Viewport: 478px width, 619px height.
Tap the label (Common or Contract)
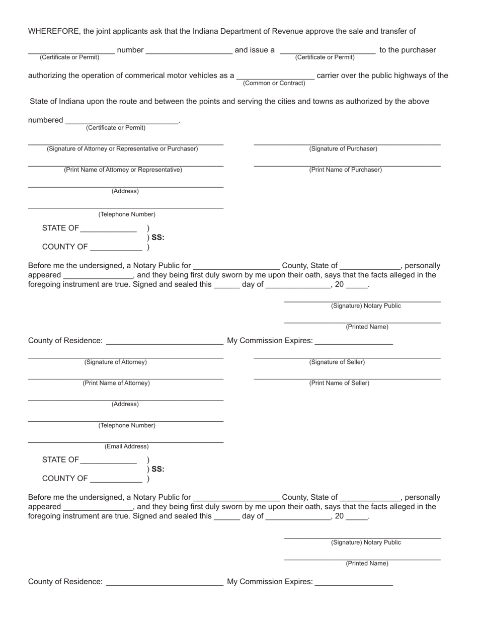pos(274,83)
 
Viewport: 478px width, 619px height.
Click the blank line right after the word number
pos(189,53)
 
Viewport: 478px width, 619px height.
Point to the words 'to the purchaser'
pos(408,50)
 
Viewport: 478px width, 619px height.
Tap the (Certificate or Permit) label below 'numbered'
pos(116,128)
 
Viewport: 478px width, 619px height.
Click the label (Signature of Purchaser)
pos(343,149)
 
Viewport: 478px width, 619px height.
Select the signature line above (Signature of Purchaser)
pos(347,144)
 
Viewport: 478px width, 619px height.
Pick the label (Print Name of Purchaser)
pos(345,170)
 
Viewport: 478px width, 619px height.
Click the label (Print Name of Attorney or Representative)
pos(123,170)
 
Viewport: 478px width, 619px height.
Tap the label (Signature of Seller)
pos(337,362)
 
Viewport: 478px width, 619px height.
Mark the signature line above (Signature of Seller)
pos(347,358)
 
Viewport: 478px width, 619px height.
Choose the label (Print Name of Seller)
pos(339,383)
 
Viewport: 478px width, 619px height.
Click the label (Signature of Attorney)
pos(116,362)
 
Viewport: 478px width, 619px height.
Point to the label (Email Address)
pos(126,447)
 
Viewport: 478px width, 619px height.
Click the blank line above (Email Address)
pos(126,442)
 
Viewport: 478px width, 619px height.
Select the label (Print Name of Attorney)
pos(116,383)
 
